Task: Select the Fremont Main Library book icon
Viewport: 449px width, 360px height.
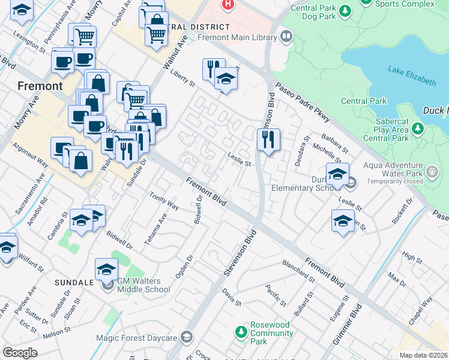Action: click(x=286, y=37)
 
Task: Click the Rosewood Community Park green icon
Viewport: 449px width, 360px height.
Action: click(x=241, y=332)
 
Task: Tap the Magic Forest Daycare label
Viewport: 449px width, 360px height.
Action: click(x=137, y=338)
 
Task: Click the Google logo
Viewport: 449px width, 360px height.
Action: click(x=20, y=352)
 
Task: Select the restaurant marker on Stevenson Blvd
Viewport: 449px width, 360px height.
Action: click(x=268, y=140)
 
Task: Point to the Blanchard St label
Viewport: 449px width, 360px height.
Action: click(x=298, y=271)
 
